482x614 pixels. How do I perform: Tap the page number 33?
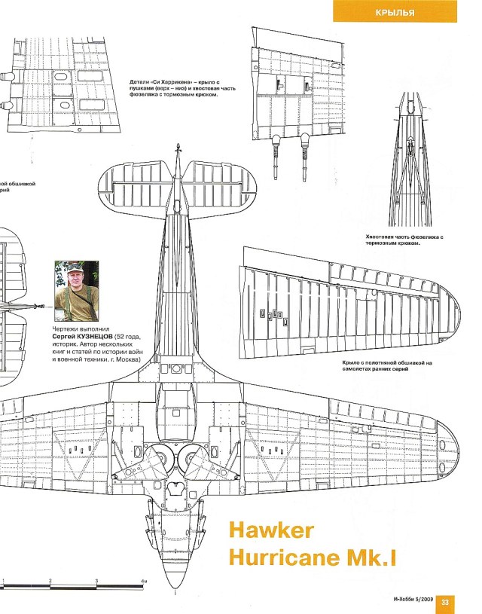tap(445, 600)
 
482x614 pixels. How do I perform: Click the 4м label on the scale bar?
tap(145, 582)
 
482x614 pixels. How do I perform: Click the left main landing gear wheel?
tap(160, 459)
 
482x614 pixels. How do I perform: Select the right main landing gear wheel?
tap(194, 459)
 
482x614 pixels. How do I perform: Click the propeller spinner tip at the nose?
tap(175, 592)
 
